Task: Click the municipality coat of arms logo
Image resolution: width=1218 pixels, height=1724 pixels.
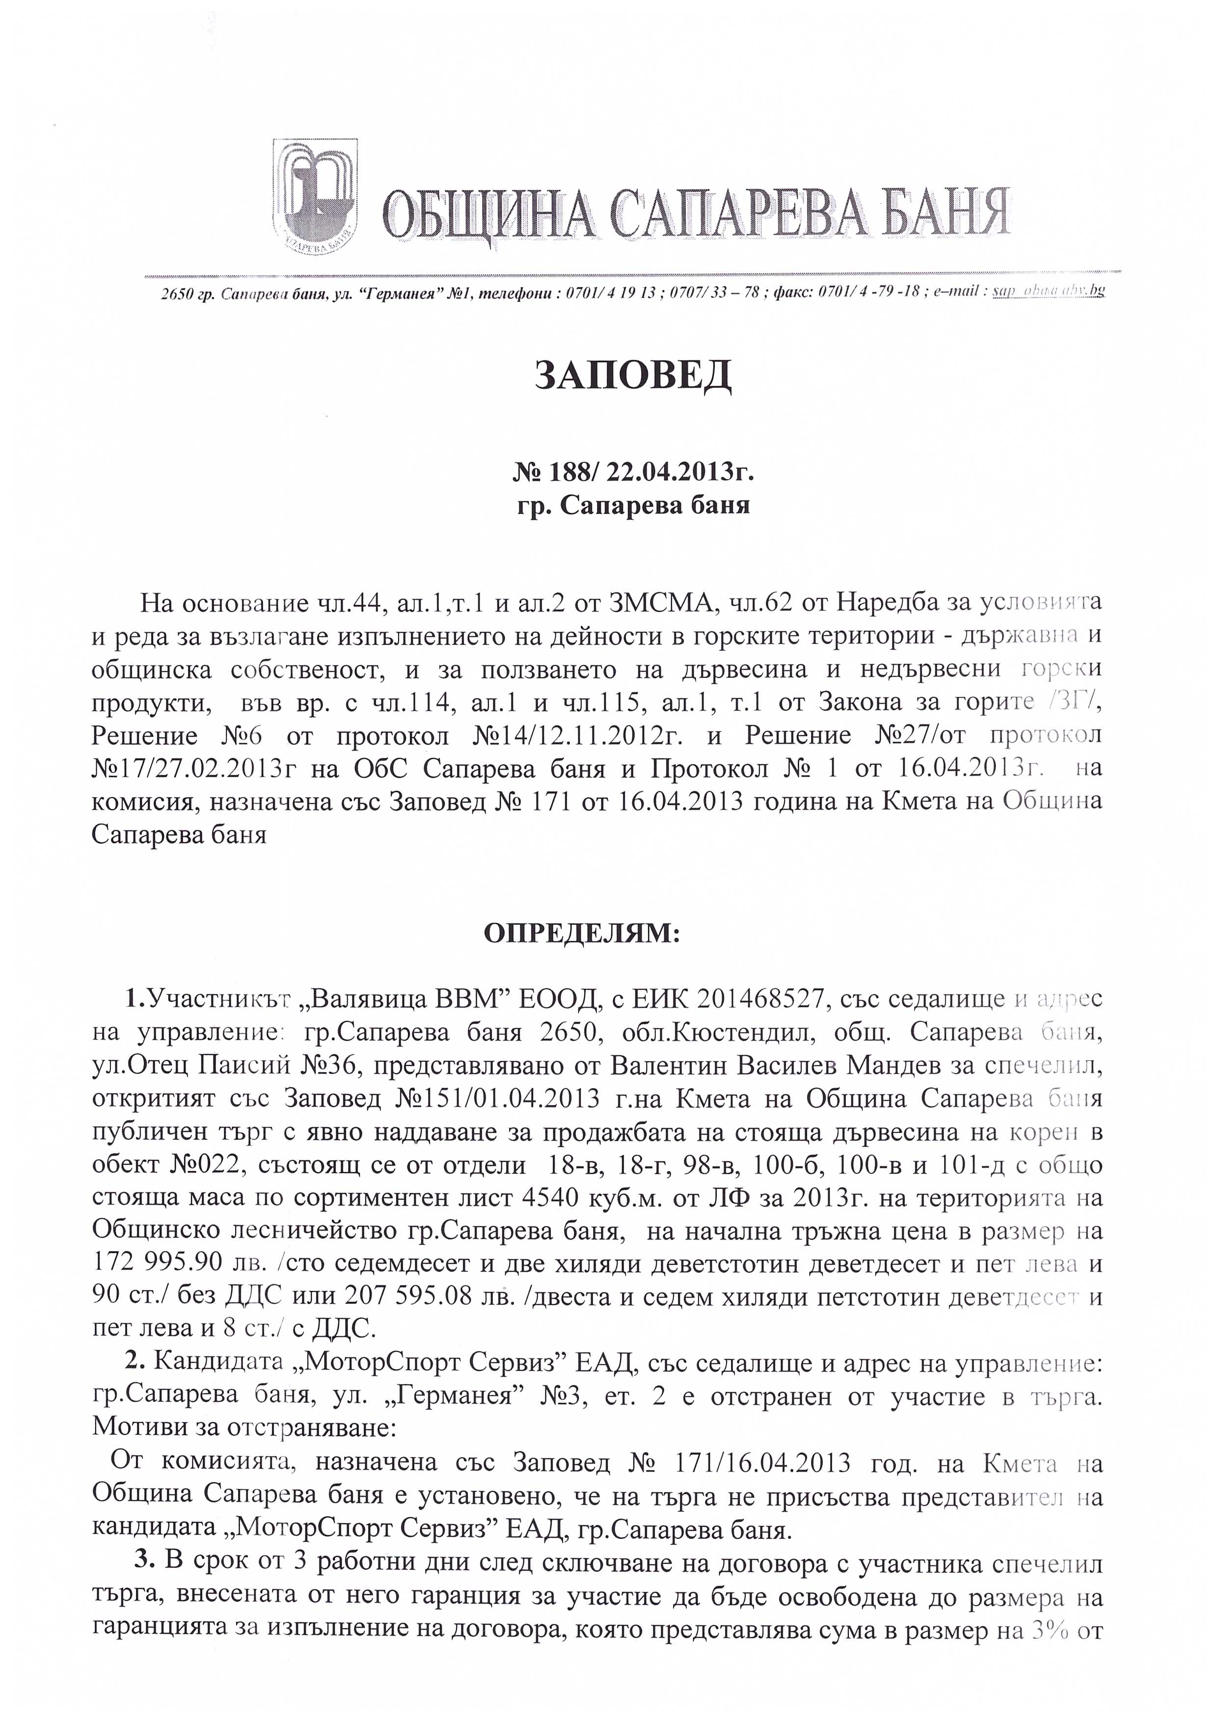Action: [315, 198]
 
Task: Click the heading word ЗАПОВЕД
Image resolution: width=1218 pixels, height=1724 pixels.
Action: [632, 376]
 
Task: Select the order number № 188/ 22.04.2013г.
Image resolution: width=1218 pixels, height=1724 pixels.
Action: [633, 473]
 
